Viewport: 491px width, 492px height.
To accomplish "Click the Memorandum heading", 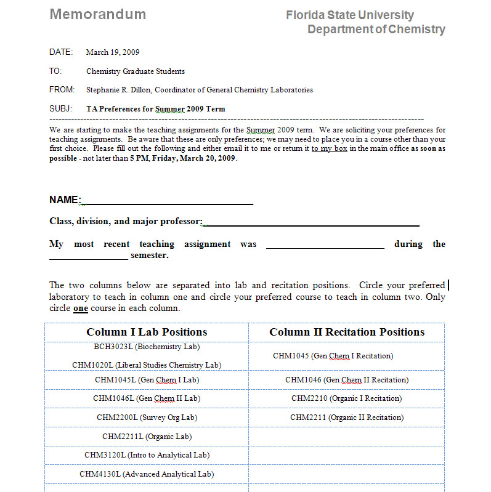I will point(98,14).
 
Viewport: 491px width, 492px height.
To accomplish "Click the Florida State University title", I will point(349,15).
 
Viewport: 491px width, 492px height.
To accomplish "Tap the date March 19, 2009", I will point(113,52).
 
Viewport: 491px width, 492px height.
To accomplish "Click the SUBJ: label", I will point(61,109).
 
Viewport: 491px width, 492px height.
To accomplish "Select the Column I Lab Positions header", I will point(147,333).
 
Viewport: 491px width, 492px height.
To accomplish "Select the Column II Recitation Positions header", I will point(347,333).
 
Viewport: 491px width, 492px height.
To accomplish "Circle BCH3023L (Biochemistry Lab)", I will point(147,347).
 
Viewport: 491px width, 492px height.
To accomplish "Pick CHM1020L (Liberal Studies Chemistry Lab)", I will point(147,365).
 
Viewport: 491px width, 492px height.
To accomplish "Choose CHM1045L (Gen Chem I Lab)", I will point(147,380).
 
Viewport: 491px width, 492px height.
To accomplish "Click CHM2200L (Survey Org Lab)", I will point(147,417).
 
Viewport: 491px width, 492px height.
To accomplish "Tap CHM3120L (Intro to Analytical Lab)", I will point(147,455).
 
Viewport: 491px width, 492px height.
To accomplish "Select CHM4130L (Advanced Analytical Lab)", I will point(147,474).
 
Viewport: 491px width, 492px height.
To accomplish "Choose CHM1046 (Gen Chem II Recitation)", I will point(347,380).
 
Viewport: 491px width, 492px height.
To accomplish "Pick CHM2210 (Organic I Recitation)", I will point(347,398).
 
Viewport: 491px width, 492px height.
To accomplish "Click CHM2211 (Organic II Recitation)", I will point(347,417).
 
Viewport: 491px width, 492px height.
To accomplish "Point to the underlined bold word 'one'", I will point(81,309).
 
